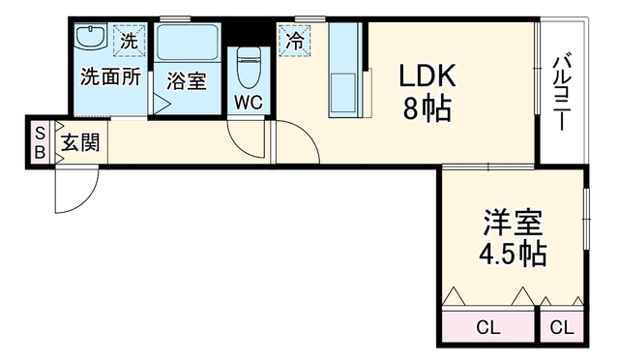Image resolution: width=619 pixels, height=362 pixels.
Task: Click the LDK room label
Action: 427,75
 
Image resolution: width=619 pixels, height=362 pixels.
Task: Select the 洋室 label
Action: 513,223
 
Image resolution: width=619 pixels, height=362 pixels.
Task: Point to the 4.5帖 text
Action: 513,254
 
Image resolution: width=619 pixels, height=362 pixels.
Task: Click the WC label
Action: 249,103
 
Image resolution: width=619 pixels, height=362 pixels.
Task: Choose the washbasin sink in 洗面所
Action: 91,37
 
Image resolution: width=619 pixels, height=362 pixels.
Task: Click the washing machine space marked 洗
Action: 129,41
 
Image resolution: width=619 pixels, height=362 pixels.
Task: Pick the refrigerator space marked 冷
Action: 295,41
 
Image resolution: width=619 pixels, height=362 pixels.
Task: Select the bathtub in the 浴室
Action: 187,43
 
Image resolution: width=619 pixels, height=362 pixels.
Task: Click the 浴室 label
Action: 186,81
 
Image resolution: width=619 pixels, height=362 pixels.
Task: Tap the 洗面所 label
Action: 110,76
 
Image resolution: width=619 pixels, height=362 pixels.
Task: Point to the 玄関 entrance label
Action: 80,142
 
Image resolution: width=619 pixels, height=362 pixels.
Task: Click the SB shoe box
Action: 40,142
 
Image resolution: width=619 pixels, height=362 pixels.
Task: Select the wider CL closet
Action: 487,327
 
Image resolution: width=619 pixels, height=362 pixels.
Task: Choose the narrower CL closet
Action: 561,327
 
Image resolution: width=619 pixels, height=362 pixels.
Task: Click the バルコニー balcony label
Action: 563,93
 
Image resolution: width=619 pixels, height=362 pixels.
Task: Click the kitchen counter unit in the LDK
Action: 345,70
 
